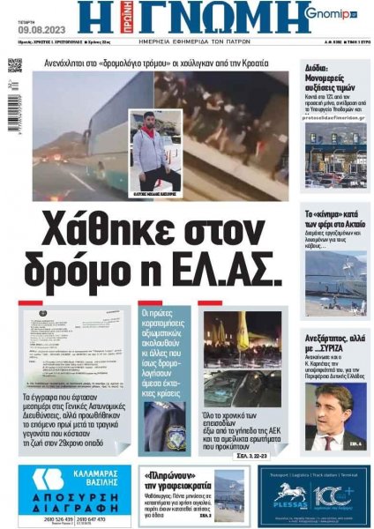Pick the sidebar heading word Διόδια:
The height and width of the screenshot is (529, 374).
pyautogui.click(x=318, y=66)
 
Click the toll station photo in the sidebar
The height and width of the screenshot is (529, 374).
pyautogui.click(x=334, y=153)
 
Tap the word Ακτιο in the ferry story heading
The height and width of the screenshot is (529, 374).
pyautogui.click(x=349, y=227)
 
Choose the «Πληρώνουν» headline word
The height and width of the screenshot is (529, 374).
pyautogui.click(x=173, y=476)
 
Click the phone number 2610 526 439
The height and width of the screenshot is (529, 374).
pyautogui.click(x=49, y=518)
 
